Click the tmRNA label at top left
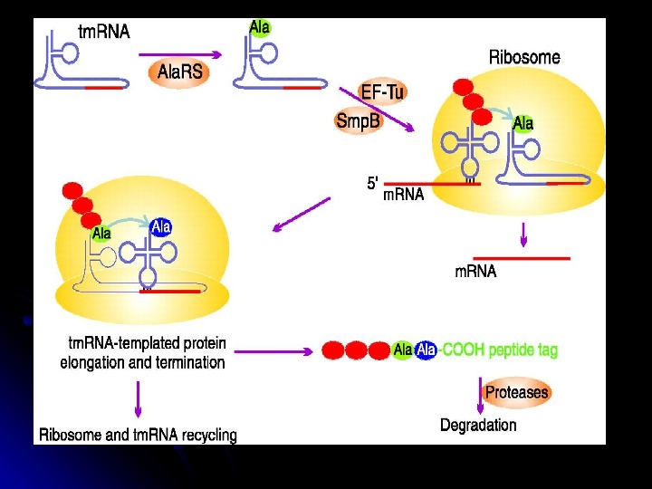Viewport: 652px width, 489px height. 104,32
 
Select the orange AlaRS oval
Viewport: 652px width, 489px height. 180,72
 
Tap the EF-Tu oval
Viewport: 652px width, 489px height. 382,91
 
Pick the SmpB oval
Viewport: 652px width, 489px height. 358,120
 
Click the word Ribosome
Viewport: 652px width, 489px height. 524,57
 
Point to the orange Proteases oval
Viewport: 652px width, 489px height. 516,392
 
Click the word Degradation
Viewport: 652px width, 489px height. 478,425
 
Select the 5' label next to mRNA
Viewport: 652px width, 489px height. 372,182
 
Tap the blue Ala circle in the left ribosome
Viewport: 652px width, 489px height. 161,227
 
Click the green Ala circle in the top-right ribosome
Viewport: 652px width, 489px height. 523,123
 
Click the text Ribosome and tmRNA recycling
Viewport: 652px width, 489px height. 138,435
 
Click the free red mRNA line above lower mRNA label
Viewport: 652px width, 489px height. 522,258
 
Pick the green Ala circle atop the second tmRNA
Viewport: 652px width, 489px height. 260,28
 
